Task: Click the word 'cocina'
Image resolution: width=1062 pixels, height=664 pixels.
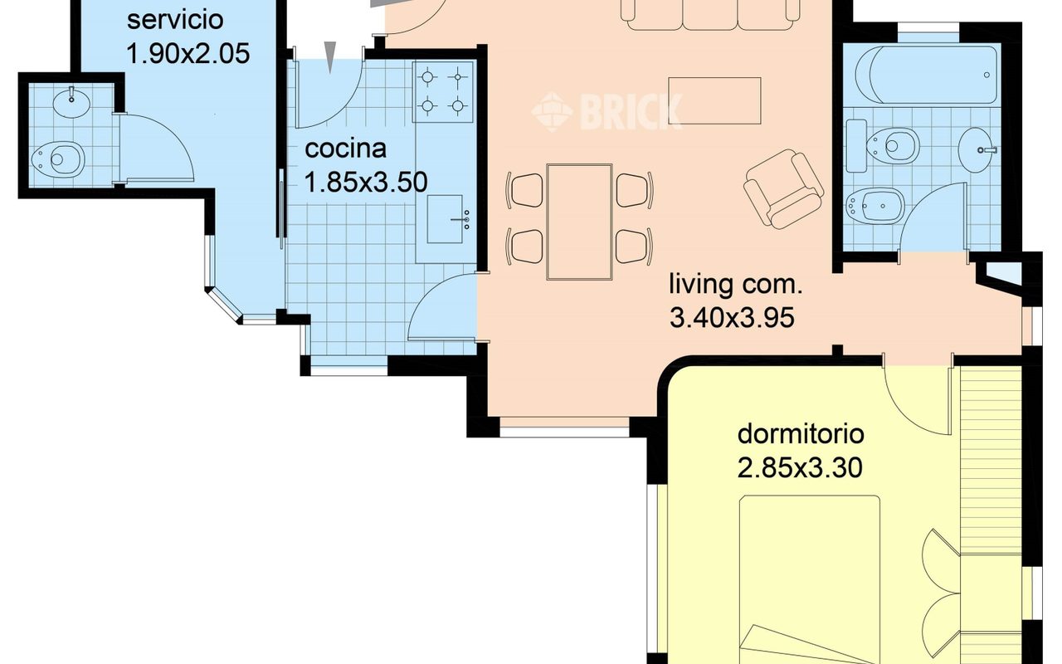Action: pyautogui.click(x=345, y=149)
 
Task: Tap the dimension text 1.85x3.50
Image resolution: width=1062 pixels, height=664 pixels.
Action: pyautogui.click(x=366, y=182)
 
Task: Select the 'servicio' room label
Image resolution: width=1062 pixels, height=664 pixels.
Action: pyautogui.click(x=175, y=20)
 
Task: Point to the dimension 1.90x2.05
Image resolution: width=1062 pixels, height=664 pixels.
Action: pyautogui.click(x=188, y=53)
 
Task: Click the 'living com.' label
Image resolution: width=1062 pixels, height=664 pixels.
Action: pyautogui.click(x=736, y=284)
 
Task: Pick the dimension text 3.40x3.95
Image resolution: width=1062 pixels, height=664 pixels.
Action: pyautogui.click(x=732, y=317)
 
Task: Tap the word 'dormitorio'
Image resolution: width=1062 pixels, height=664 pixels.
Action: pyautogui.click(x=801, y=434)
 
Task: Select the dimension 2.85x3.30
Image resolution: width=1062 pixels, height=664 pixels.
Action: pyautogui.click(x=800, y=467)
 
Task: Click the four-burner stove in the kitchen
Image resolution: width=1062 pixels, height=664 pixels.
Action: pyautogui.click(x=443, y=91)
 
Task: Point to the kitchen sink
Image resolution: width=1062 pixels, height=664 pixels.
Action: pyautogui.click(x=445, y=219)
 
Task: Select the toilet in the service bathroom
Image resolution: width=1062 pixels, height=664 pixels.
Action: pyautogui.click(x=57, y=158)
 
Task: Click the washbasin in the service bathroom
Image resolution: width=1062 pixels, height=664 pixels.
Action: pyautogui.click(x=71, y=101)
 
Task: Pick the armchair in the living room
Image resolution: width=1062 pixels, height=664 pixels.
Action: pyautogui.click(x=783, y=188)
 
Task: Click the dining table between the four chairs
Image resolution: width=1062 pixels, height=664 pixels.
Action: pyautogui.click(x=579, y=222)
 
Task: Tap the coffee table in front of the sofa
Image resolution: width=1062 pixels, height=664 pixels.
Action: pyautogui.click(x=714, y=100)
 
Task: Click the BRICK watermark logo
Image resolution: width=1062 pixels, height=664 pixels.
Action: pyautogui.click(x=607, y=112)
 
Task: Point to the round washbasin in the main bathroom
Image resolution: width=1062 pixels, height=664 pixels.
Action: pyautogui.click(x=977, y=150)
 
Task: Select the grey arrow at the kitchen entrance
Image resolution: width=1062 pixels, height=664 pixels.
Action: pyautogui.click(x=330, y=57)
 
